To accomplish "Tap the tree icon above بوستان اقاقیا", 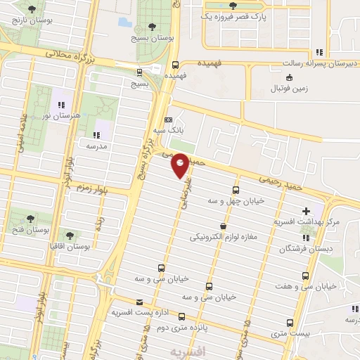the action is (x=69, y=235).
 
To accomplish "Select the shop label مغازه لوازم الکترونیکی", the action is (x=224, y=238).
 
